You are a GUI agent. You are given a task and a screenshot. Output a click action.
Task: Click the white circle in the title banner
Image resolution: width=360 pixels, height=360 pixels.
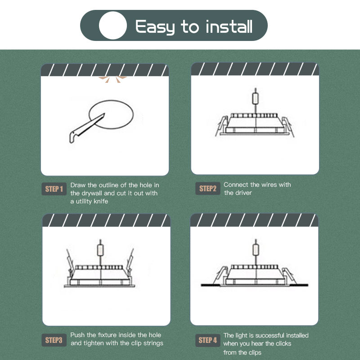coord(113,25)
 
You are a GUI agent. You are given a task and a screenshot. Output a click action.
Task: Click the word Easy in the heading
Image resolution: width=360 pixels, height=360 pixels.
coord(155,27)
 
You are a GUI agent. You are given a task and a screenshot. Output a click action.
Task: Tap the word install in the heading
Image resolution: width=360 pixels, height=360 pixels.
coord(229,27)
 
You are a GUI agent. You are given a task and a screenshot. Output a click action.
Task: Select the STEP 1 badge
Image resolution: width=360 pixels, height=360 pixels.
coord(54,189)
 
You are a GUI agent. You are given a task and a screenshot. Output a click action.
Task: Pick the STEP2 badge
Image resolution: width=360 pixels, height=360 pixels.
coord(208,189)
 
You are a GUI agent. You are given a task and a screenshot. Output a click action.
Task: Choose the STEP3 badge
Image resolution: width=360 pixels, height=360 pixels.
coord(54,340)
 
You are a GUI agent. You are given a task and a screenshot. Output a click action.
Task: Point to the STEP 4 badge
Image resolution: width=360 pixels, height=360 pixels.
coord(208,340)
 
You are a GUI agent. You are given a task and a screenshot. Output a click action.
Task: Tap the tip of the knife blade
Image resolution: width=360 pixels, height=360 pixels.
coord(104,114)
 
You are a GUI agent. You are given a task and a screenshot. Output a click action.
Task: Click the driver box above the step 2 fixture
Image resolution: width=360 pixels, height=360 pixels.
coord(255,99)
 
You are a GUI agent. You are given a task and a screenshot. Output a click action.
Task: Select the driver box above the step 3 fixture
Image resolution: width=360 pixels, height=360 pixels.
coord(100,250)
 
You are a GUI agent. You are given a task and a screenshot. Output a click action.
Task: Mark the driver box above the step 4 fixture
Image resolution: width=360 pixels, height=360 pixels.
coord(256,250)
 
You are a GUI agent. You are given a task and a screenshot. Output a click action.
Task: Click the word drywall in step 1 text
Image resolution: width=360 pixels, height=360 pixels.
coord(91,193)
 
